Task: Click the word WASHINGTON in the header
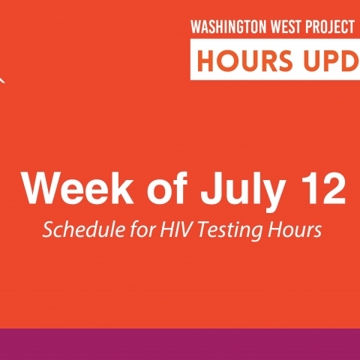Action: tap(229, 27)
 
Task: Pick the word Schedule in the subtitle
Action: tap(83, 229)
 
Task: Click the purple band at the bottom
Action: tap(180, 344)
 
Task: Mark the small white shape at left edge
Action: tap(2, 79)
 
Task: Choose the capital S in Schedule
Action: tap(48, 229)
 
